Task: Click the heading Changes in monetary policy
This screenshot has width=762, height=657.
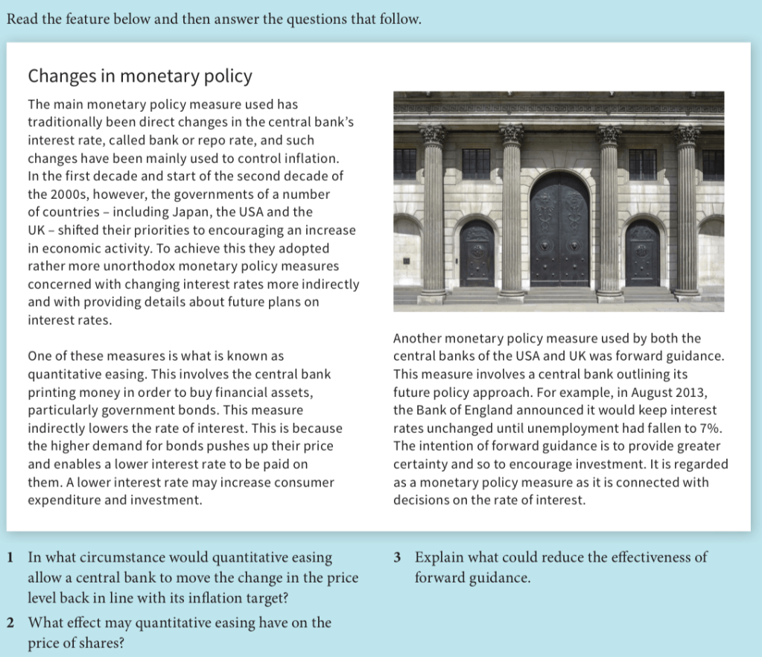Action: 140,76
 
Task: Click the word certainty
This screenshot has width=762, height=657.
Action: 421,463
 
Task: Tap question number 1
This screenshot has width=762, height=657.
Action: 10,557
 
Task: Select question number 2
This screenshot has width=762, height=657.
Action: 10,623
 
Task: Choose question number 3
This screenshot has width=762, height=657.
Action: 399,557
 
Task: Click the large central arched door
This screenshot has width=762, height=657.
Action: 559,231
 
